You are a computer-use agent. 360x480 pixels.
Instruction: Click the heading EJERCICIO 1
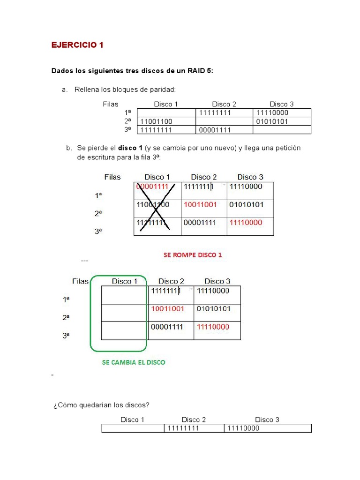click(x=77, y=45)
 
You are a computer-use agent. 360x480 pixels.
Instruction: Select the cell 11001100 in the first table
click(x=157, y=121)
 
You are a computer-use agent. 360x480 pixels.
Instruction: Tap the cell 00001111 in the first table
click(x=215, y=130)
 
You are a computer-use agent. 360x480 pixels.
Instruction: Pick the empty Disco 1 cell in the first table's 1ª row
click(x=166, y=112)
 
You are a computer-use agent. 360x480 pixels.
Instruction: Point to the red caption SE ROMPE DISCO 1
click(x=193, y=255)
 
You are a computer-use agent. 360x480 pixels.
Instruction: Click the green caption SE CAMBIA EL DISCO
click(x=134, y=362)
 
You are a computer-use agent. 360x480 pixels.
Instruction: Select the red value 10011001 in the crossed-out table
click(x=200, y=205)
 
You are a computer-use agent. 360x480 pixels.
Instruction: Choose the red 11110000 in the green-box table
click(x=213, y=327)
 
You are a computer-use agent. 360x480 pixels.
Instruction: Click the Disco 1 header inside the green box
click(x=125, y=281)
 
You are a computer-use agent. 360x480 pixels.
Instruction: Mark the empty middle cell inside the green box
click(x=125, y=313)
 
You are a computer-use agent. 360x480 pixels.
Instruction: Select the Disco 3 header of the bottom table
click(x=267, y=420)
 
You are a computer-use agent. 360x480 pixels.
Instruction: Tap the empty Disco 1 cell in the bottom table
click(x=132, y=428)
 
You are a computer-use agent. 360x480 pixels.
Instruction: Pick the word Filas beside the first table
click(x=111, y=104)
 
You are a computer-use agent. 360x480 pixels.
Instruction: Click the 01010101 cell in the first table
click(x=272, y=121)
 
